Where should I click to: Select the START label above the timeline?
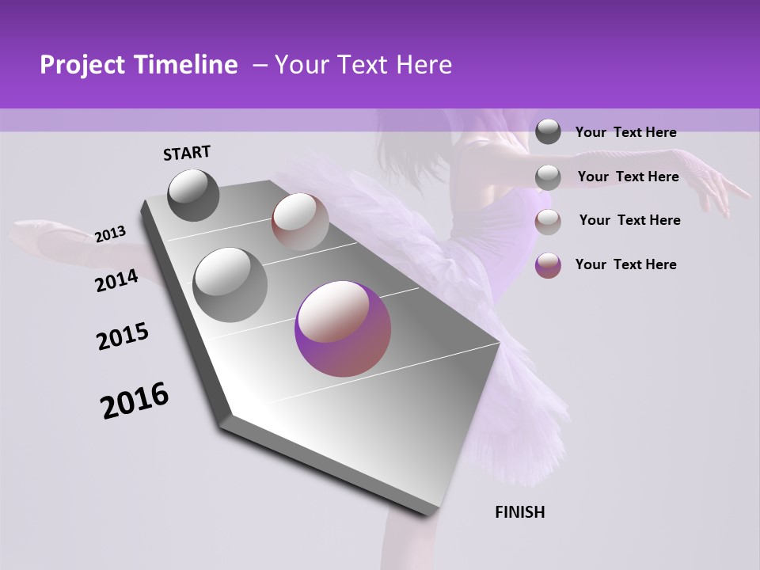(187, 153)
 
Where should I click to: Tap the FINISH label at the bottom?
(520, 512)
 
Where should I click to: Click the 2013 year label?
(110, 234)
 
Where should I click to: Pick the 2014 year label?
(116, 280)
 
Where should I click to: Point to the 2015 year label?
(123, 336)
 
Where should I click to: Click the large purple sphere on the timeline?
(343, 329)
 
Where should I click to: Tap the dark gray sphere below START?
(194, 195)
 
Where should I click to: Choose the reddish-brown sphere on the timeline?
(300, 221)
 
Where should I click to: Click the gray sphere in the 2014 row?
(230, 284)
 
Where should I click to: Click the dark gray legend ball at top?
(548, 132)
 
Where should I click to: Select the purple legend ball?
(548, 265)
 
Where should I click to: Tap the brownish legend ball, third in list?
(548, 222)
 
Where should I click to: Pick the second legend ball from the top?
(548, 177)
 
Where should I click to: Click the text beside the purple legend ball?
(626, 264)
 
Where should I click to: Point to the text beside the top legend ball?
(626, 133)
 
